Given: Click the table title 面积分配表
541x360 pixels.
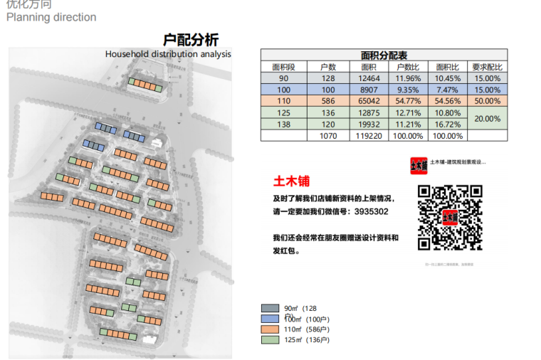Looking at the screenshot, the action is pyautogui.click(x=384, y=55).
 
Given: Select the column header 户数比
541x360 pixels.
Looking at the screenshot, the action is pyautogui.click(x=408, y=67).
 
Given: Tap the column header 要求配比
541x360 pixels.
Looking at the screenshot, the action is pyautogui.click(x=487, y=67).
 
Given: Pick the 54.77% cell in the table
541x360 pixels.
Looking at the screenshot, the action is pyautogui.click(x=408, y=101).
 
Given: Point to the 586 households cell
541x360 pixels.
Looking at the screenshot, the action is pyautogui.click(x=328, y=101).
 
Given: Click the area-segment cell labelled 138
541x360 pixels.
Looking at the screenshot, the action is pyautogui.click(x=284, y=124).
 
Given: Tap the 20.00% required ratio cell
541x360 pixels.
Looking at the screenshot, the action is pyautogui.click(x=487, y=118).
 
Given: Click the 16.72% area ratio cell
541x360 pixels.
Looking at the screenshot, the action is pyautogui.click(x=448, y=124).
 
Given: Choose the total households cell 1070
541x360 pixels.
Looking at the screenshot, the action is pyautogui.click(x=328, y=135).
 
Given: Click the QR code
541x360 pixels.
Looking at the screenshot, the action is pyautogui.click(x=449, y=217).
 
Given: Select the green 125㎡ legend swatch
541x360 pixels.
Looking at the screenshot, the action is pyautogui.click(x=270, y=340).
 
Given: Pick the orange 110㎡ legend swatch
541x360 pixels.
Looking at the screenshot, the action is pyautogui.click(x=270, y=329).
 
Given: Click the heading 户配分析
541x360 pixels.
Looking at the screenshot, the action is pyautogui.click(x=191, y=40).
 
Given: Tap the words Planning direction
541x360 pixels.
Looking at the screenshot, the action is pyautogui.click(x=51, y=17).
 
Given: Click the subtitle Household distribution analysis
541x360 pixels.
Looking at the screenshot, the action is pyautogui.click(x=168, y=54).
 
